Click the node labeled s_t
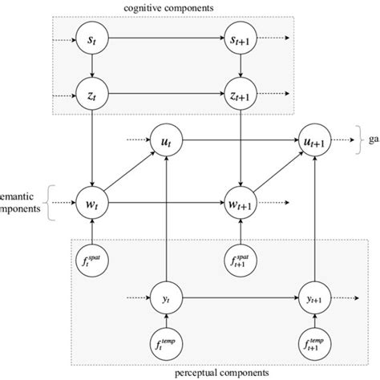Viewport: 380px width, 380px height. pos(93,38)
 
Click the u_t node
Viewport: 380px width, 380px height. pos(166,142)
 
